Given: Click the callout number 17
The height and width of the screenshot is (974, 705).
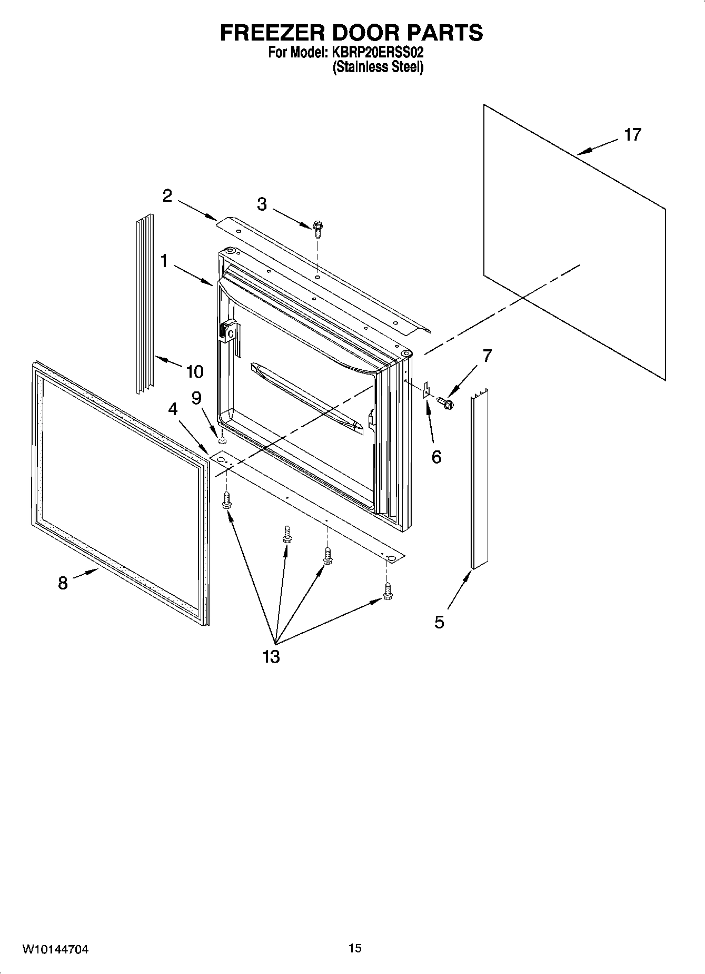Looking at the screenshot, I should tap(632, 135).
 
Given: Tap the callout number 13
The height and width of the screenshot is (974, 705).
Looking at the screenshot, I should tap(271, 657).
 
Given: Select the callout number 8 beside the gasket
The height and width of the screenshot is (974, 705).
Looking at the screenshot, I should tap(63, 583).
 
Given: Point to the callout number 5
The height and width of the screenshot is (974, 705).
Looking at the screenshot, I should tap(439, 622).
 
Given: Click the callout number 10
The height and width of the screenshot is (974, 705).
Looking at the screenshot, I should tap(195, 372).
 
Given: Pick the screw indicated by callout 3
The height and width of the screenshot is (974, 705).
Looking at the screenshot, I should tap(317, 226).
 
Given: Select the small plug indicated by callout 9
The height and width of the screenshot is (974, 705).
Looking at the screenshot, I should tap(223, 439).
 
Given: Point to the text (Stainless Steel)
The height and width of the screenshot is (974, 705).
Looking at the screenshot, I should tap(378, 67).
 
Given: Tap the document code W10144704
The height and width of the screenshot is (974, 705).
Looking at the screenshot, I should tap(55, 950).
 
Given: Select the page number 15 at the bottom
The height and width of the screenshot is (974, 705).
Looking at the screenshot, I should tap(355, 948).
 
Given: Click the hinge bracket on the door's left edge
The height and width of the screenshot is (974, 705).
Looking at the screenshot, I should tap(230, 333).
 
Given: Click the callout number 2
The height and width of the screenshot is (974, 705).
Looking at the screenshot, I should tap(167, 196).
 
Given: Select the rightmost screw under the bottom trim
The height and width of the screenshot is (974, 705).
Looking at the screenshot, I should tap(388, 591).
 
